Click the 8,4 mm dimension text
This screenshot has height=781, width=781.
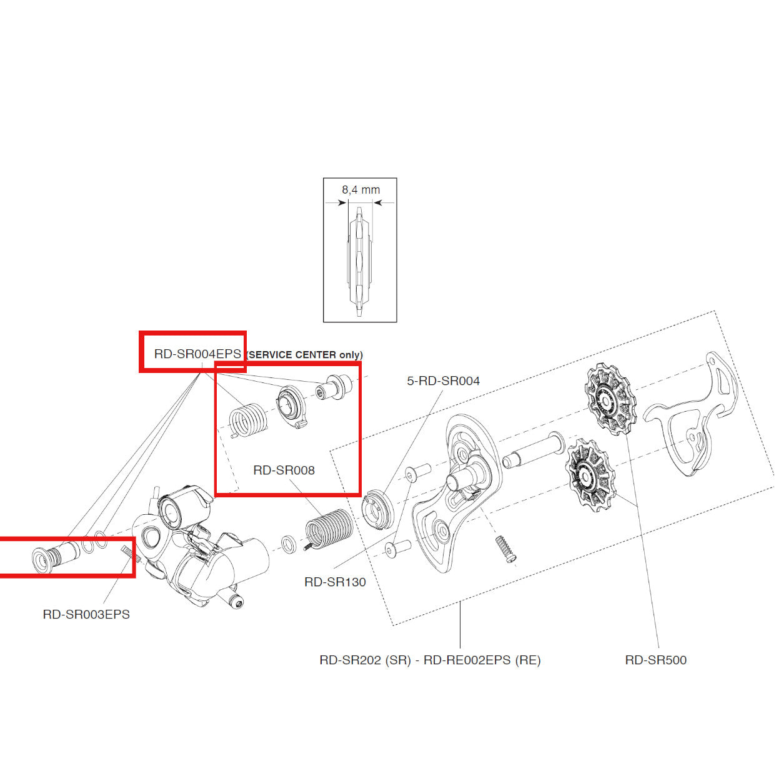[361, 189]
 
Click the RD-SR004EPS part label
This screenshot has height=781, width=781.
[197, 354]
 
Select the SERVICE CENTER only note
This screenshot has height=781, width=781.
[305, 355]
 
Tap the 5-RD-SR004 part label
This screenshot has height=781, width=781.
[443, 381]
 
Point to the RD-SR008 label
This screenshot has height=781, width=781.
[284, 470]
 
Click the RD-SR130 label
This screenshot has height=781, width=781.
[335, 582]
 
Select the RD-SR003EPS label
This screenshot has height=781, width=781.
[86, 614]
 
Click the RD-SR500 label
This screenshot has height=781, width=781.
[655, 660]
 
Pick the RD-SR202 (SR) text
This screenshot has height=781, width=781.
[365, 660]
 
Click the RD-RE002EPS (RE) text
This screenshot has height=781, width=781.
[482, 660]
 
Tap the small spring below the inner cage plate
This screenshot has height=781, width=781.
[507, 549]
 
